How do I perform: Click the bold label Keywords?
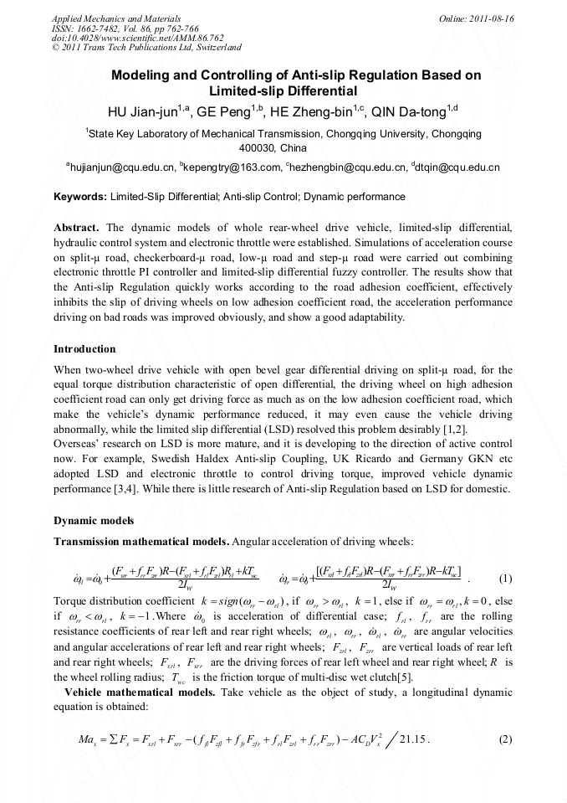pos(80,197)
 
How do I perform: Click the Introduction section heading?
pos(84,348)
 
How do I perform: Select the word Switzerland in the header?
pos(215,49)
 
